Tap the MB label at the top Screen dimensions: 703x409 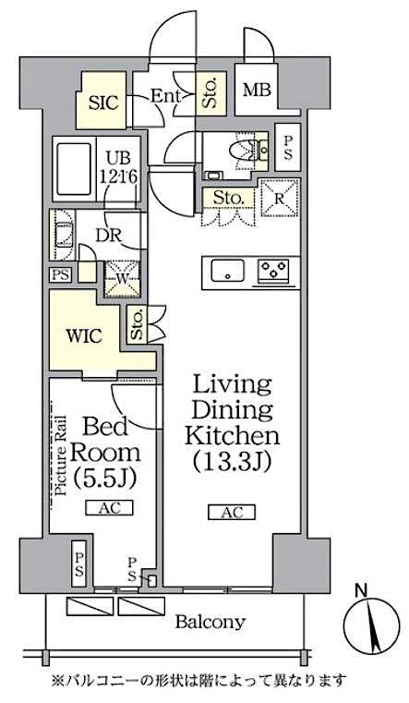[256, 91]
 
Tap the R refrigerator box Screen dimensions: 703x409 [278, 197]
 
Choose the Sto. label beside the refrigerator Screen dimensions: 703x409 [228, 197]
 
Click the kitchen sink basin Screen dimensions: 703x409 [226, 272]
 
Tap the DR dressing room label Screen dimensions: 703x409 [108, 234]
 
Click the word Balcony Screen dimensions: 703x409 [212, 623]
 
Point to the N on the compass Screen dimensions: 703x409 [366, 588]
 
